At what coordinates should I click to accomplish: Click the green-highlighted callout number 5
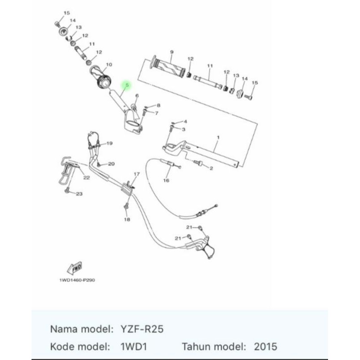point(127,85)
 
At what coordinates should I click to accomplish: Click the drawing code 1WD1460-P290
point(77,280)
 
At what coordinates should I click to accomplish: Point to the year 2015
point(265,347)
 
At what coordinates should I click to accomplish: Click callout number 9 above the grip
point(172,52)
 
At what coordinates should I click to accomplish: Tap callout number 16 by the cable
point(166,180)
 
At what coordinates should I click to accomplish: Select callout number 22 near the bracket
point(86,178)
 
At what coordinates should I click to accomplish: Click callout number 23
point(79,194)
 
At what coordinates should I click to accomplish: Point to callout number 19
point(109,144)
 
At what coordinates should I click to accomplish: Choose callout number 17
point(137,174)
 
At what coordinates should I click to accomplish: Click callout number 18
point(126,220)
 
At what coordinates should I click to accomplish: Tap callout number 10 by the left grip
point(109,65)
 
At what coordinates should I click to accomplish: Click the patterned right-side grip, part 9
point(169,69)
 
